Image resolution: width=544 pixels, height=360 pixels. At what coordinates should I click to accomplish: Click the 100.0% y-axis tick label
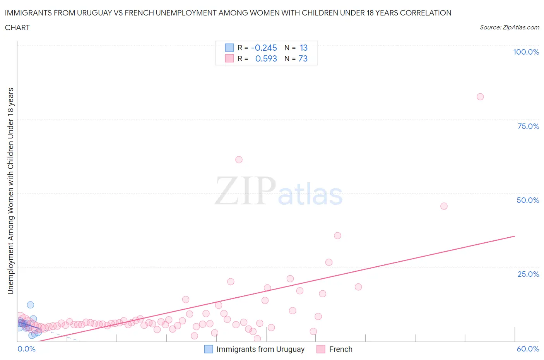coord(526,52)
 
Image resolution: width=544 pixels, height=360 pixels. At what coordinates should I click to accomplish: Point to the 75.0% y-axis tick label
coord(528,126)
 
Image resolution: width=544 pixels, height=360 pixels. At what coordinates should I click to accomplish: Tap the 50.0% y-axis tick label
coord(528,200)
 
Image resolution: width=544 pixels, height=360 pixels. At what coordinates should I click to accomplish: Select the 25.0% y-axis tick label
coord(528,274)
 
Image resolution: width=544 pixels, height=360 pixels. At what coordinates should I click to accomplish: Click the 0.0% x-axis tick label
coord(26,349)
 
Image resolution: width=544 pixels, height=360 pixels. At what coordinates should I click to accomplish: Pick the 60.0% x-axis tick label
coord(528,349)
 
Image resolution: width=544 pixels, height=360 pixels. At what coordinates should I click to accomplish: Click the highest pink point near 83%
coord(480,97)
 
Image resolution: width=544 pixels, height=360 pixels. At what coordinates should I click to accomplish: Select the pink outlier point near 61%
coord(239,160)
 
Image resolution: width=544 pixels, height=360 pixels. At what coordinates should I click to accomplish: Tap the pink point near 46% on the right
coord(444,206)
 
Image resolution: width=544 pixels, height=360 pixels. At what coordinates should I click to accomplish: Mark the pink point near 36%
coord(337,236)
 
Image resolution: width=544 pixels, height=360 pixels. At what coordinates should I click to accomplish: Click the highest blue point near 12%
coord(30,305)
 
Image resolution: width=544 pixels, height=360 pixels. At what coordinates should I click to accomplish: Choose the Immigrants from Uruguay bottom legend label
coord(260,349)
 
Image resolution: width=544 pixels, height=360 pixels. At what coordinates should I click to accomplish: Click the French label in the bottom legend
coord(340,349)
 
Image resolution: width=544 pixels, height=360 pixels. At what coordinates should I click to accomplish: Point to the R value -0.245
coord(264,48)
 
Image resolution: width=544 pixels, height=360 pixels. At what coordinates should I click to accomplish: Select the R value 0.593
coord(266,58)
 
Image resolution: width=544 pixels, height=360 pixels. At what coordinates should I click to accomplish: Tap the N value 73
coord(303,58)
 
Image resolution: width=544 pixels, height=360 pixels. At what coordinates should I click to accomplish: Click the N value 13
coord(303,48)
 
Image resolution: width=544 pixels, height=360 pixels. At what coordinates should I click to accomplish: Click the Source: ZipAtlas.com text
coord(509,27)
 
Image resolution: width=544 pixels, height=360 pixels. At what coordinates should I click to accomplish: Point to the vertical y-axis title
coord(11,191)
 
